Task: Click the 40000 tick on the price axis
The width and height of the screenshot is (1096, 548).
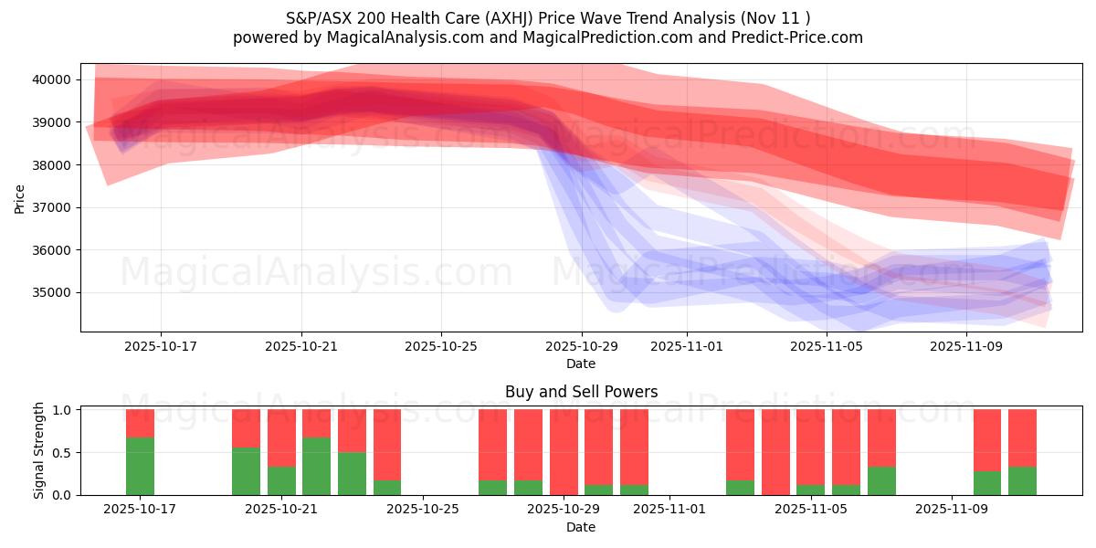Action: pyautogui.click(x=53, y=79)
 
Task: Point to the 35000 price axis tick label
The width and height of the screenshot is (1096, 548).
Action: pyautogui.click(x=53, y=292)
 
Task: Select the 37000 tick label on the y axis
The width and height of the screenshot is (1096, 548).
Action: pyautogui.click(x=53, y=207)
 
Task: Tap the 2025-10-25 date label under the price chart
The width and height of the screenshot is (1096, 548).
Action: pyautogui.click(x=441, y=347)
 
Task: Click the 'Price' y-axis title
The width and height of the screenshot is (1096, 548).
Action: pyautogui.click(x=19, y=197)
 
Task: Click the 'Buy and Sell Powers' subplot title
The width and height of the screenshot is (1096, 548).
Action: pyautogui.click(x=581, y=392)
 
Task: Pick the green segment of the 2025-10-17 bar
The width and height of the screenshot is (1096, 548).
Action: pyautogui.click(x=140, y=466)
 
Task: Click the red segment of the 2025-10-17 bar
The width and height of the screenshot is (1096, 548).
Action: pyautogui.click(x=140, y=423)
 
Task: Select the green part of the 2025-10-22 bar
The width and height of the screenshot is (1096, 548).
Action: pyautogui.click(x=316, y=466)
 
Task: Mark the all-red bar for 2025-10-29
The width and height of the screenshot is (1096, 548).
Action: pyautogui.click(x=564, y=452)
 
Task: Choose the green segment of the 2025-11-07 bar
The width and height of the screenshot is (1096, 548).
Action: pyautogui.click(x=881, y=480)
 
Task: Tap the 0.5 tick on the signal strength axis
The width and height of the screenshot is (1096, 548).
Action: pyautogui.click(x=65, y=452)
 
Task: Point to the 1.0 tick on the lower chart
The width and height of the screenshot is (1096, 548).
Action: pyautogui.click(x=65, y=410)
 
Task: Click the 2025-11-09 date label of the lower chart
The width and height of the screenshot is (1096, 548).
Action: pyautogui.click(x=951, y=510)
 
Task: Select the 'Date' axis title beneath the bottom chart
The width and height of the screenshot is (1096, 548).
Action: pyautogui.click(x=581, y=527)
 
